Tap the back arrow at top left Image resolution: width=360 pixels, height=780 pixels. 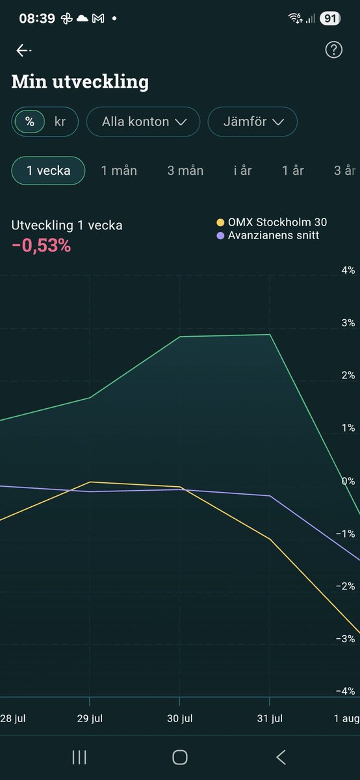pyautogui.click(x=23, y=51)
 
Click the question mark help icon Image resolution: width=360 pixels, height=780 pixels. pyautogui.click(x=333, y=51)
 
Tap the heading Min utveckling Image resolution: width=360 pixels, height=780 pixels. pyautogui.click(x=80, y=82)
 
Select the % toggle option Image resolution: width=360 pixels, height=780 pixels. pyautogui.click(x=29, y=122)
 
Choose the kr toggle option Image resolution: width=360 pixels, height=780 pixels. pyautogui.click(x=60, y=122)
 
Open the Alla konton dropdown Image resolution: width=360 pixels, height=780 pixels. pyautogui.click(x=142, y=122)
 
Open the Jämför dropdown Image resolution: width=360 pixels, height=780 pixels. pyautogui.click(x=252, y=122)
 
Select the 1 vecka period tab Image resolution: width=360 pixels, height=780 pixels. pyautogui.click(x=48, y=171)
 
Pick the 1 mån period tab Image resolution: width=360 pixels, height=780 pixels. pyautogui.click(x=119, y=171)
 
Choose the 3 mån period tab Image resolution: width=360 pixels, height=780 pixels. pyautogui.click(x=185, y=171)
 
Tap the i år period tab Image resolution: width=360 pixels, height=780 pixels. pyautogui.click(x=242, y=171)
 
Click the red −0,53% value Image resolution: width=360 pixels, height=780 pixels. pyautogui.click(x=41, y=246)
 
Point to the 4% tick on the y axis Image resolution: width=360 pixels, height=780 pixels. pyautogui.click(x=348, y=270)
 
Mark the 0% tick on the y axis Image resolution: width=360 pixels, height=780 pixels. pyautogui.click(x=348, y=481)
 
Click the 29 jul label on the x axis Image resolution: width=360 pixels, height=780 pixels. pyautogui.click(x=90, y=718)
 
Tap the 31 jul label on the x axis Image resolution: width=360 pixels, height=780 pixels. pyautogui.click(x=269, y=718)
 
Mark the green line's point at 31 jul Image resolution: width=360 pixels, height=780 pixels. pyautogui.click(x=269, y=335)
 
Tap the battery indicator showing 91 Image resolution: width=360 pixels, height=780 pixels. pyautogui.click(x=330, y=19)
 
